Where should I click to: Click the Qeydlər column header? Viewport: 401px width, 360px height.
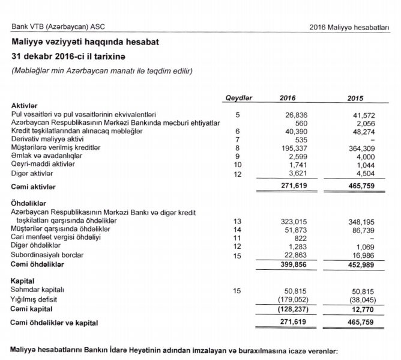point(238,97)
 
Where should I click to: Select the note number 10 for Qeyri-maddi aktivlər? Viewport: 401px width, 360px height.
point(238,164)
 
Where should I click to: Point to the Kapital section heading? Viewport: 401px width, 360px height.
point(23,281)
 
